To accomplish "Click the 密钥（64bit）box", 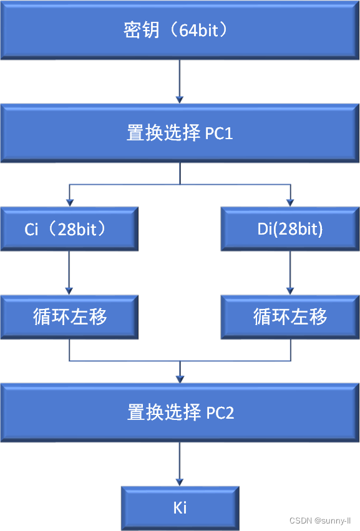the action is point(180,30).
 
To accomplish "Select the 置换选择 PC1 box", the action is point(180,133).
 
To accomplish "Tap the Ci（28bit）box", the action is point(69,229).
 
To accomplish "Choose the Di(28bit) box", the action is point(290,229).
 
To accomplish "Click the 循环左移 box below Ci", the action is point(69,317).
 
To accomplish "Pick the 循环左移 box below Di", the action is point(290,317).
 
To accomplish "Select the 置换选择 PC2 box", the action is point(180,412).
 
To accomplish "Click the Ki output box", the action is point(180,508).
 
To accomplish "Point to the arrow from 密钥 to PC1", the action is point(180,82).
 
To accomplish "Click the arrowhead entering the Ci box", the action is point(69,203).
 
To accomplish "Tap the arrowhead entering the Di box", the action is point(290,203).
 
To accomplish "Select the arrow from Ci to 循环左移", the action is point(69,273).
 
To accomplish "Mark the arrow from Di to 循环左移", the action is point(290,273).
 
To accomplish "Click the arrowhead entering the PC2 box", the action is point(180,379).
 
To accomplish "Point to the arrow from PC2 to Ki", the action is point(180,464).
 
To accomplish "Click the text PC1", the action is point(219,134).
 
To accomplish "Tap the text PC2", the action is point(220,413).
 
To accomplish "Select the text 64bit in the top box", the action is point(198,31).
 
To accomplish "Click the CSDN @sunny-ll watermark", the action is point(320,520).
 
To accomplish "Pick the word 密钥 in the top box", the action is point(142,30).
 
